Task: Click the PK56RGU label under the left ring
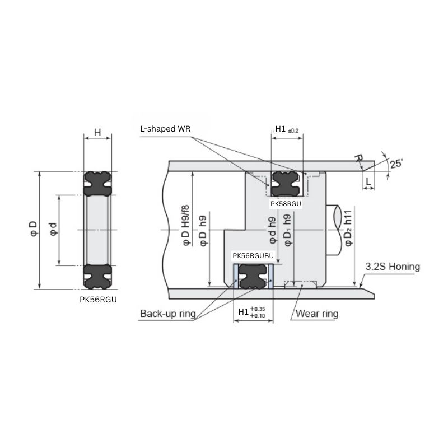point(98,300)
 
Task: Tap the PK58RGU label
point(286,204)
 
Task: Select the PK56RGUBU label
point(253,256)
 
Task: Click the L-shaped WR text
point(166,129)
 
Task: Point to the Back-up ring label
point(167,314)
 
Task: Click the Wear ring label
point(316,314)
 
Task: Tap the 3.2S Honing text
point(392,267)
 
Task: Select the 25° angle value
point(396,164)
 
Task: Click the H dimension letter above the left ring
point(97,132)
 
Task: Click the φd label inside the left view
point(53,230)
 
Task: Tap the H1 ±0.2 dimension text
point(287,129)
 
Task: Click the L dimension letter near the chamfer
point(369,181)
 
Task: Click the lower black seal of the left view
point(97,276)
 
